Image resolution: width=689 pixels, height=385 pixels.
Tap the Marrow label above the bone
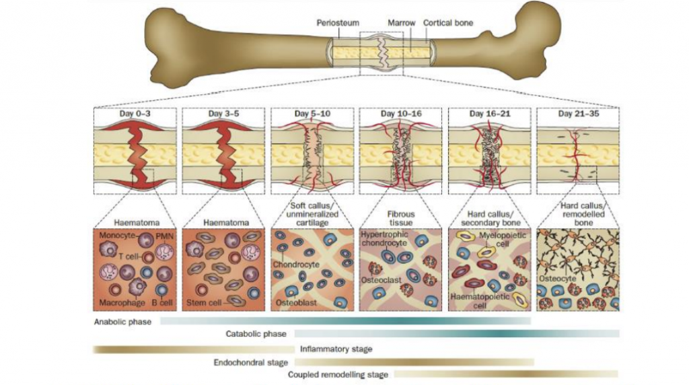pos(401,23)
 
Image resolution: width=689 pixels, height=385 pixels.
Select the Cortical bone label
pos(448,23)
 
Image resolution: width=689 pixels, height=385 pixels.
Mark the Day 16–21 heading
pos(488,113)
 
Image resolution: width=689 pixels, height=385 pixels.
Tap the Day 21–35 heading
pos(577,113)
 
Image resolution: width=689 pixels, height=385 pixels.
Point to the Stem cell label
pos(204,303)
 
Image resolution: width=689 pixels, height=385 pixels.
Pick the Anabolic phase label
pos(122,322)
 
